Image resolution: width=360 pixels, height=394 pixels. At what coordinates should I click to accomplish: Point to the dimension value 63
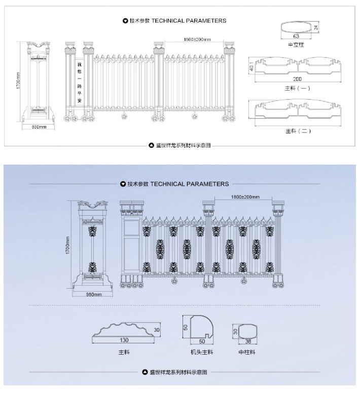point(296,36)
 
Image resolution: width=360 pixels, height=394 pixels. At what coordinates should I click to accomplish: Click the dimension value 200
point(298,79)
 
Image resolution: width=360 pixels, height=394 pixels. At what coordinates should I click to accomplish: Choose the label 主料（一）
point(298,88)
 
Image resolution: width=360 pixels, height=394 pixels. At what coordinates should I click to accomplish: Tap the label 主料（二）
point(298,131)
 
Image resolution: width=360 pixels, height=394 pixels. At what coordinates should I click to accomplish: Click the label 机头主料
point(202,351)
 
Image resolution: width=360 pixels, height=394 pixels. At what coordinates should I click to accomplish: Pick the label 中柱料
point(246,351)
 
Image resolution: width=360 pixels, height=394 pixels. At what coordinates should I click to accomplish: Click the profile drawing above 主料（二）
point(298,110)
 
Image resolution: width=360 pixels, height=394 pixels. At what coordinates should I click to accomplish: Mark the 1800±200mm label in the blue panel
point(245,196)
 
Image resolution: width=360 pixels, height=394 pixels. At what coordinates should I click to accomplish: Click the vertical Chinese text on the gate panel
point(79,84)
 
